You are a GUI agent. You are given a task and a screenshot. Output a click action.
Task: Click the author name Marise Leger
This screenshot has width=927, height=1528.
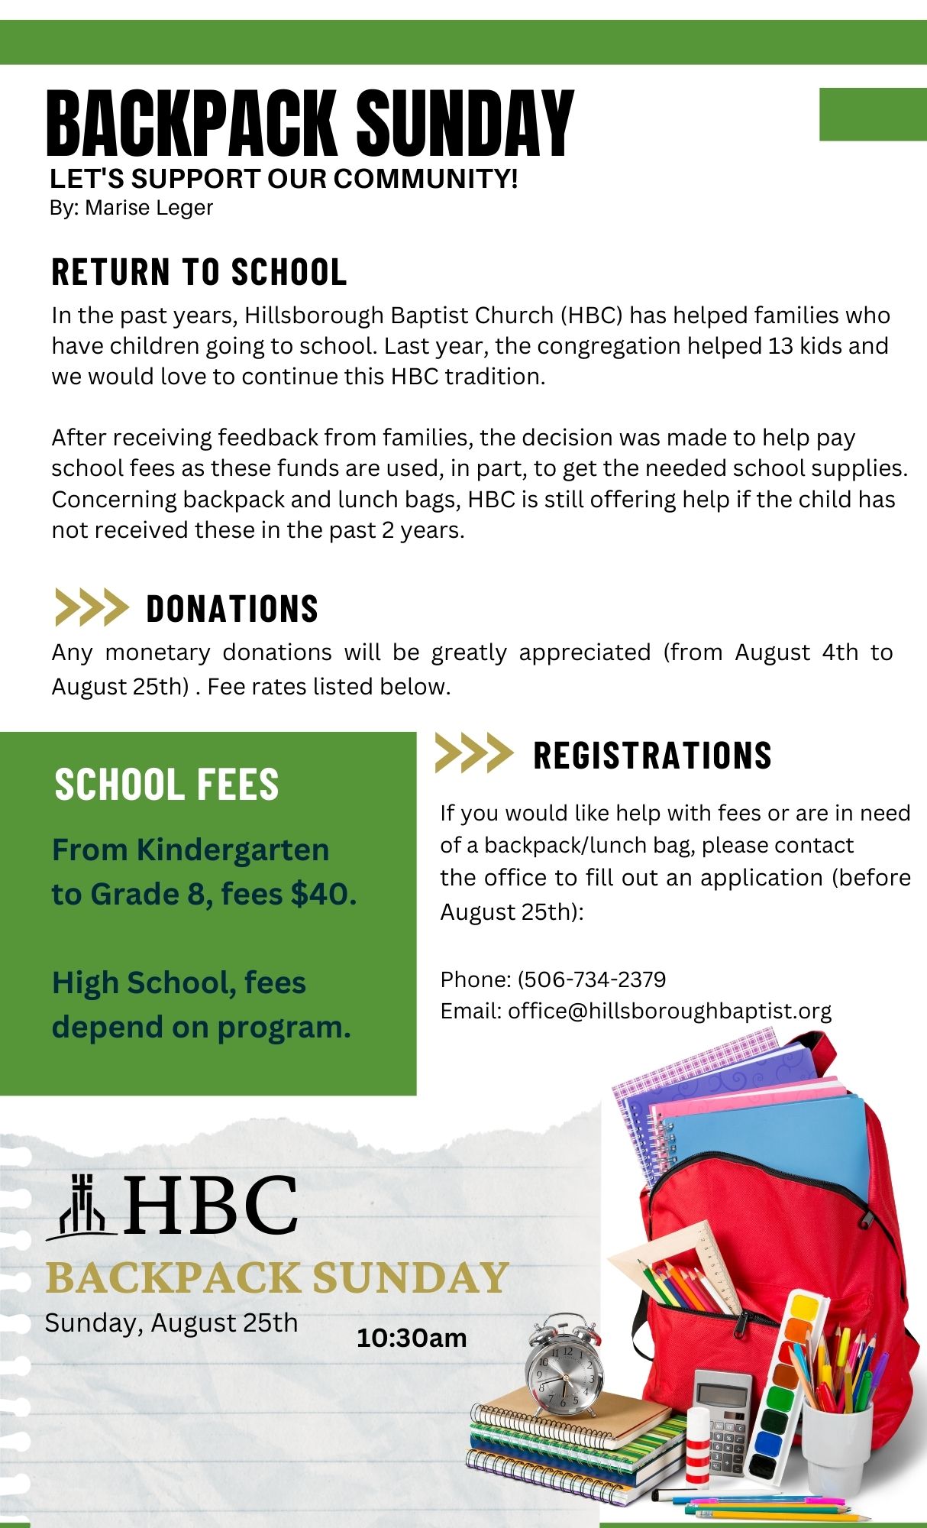[149, 208]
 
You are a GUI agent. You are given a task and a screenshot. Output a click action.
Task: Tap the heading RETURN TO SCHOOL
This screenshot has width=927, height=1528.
[199, 272]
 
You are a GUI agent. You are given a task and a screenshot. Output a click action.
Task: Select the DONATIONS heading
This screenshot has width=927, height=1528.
[232, 609]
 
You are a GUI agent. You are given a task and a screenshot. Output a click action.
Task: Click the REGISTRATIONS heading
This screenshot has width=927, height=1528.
[652, 755]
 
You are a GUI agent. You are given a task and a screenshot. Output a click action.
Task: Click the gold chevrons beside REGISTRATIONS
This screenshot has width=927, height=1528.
[473, 753]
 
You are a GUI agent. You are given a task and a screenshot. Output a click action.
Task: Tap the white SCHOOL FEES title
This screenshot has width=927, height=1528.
[166, 785]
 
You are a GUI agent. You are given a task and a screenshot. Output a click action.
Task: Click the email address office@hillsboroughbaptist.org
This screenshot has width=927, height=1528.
[670, 1011]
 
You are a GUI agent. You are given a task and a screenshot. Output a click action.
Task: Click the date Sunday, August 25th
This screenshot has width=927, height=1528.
[171, 1322]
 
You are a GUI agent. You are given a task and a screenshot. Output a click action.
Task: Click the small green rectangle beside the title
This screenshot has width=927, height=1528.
[873, 115]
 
